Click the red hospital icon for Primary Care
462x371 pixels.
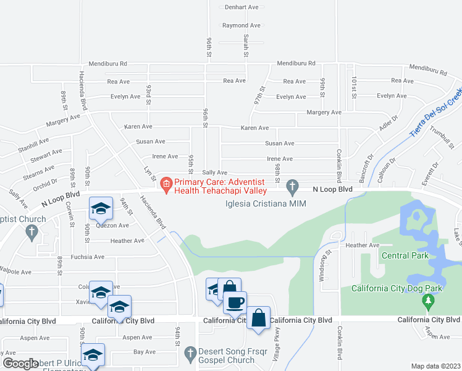[166, 184]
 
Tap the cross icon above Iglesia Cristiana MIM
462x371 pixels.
[293, 185]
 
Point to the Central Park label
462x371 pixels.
[404, 255]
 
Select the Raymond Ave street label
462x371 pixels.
[241, 26]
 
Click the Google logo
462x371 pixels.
[20, 364]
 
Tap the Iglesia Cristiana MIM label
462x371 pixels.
[266, 203]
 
